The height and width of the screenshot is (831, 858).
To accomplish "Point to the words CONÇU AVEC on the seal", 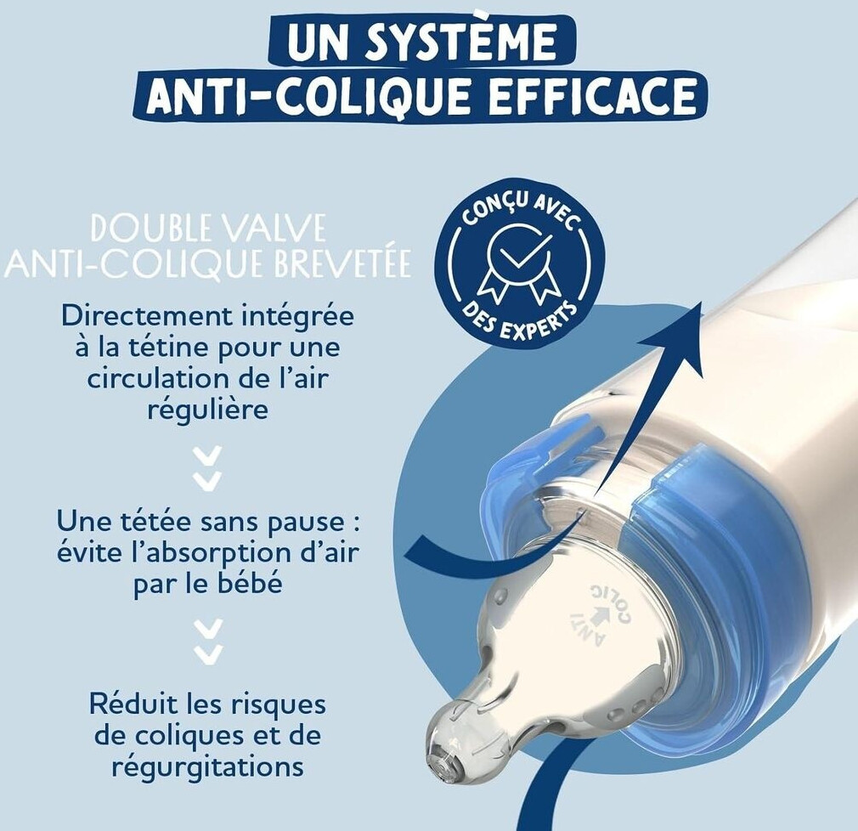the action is (x=519, y=213).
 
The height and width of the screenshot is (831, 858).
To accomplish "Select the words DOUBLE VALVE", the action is (x=208, y=229).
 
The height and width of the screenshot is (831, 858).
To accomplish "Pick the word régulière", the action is (x=208, y=410).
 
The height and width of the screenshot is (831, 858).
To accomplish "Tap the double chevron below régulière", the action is (x=208, y=467).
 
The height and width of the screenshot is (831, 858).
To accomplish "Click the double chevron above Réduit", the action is (x=208, y=641).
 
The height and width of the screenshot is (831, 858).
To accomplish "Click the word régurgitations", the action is (x=207, y=766).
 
